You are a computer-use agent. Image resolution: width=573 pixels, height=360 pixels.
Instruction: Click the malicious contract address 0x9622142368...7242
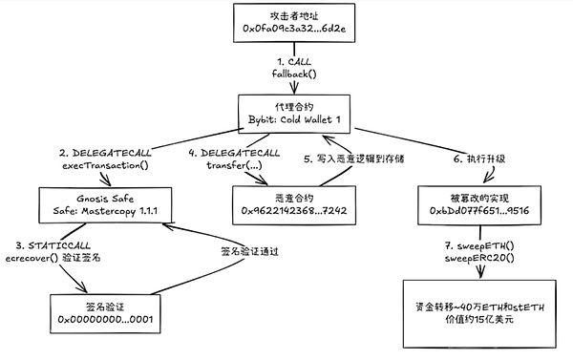(x=288, y=208)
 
